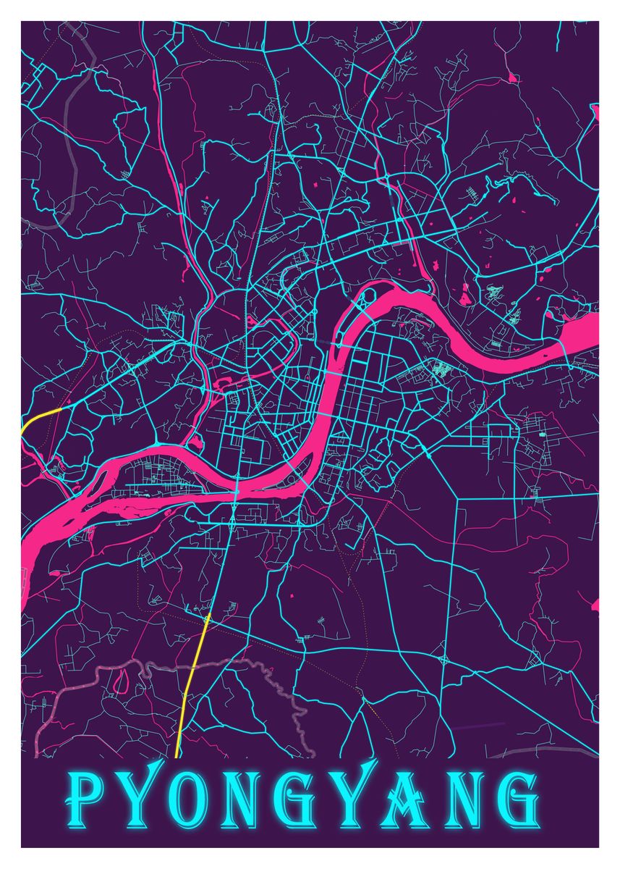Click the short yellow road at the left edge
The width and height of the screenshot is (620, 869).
point(41,418)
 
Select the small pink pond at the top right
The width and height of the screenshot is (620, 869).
point(512,76)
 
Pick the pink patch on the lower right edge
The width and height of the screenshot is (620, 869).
point(595,605)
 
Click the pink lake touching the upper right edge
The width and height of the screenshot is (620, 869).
point(595,112)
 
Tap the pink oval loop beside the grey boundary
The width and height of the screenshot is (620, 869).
point(122,679)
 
